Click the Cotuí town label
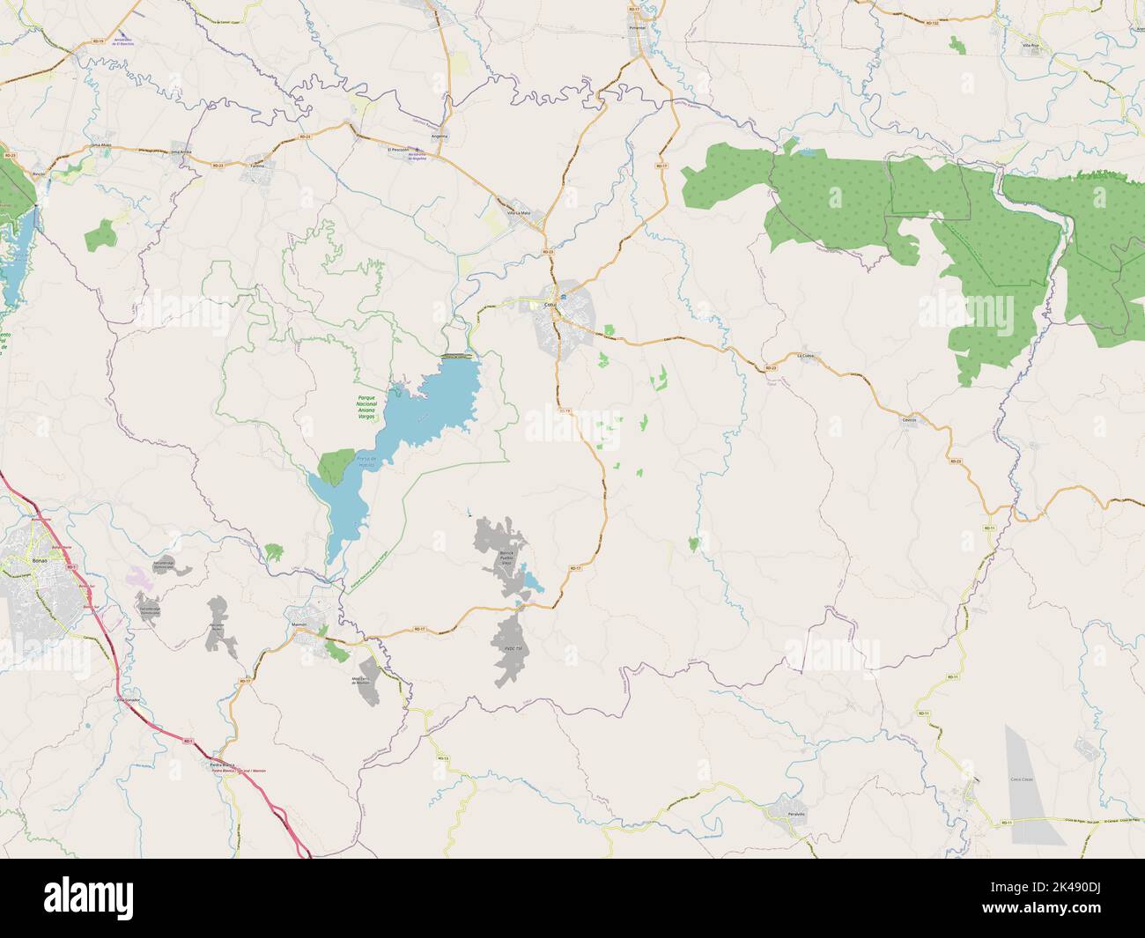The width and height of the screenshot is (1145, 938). (552, 305)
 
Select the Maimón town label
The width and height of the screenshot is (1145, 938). (298, 624)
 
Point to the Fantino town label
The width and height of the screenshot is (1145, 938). (257, 165)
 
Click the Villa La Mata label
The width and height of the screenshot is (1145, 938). (519, 212)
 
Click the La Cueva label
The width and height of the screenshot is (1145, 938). (806, 355)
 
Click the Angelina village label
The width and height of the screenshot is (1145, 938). (439, 137)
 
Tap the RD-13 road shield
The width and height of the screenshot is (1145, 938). (443, 757)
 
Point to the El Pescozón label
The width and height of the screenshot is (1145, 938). (400, 150)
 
